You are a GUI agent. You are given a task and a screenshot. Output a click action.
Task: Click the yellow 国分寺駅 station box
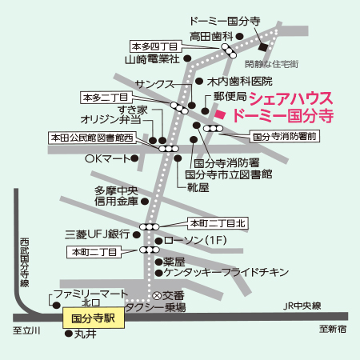[94, 318]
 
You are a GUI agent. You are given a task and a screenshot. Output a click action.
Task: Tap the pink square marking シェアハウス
[220, 114]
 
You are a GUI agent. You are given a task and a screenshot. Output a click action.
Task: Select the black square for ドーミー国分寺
[263, 47]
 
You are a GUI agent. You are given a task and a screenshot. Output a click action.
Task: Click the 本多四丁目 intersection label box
[155, 46]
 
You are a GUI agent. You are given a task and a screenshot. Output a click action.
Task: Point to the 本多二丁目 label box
[106, 98]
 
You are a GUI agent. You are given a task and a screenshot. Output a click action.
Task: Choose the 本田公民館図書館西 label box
[92, 138]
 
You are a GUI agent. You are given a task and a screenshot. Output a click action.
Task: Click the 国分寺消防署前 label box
[285, 137]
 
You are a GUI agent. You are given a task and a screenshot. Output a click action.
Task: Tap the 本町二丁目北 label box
[218, 223]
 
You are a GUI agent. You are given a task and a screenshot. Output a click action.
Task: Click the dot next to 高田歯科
[240, 36]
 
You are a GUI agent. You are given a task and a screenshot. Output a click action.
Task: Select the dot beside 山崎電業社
[187, 58]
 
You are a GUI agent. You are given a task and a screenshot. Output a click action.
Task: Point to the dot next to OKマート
[134, 158]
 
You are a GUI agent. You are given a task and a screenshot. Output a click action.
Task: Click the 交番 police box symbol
[157, 295]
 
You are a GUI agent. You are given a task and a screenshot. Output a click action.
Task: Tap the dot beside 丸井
[69, 334]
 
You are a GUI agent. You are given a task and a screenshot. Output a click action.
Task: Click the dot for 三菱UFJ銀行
[137, 235]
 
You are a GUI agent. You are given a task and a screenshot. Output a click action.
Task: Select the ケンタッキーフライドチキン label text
[226, 272]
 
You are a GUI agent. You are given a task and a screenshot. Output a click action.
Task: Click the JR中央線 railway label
[302, 306]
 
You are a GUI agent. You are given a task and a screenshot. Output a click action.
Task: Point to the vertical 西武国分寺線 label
[25, 262]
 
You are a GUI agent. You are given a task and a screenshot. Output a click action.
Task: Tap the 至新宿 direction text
[333, 329]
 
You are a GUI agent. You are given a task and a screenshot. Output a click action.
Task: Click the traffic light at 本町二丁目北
[150, 227]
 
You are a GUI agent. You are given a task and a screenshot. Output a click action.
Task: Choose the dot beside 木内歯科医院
[199, 81]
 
